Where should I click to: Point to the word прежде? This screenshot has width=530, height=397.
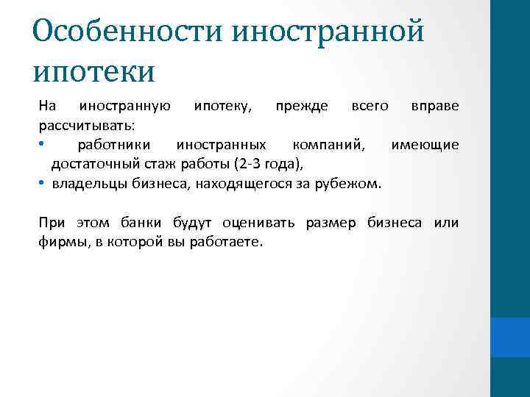coord(302,107)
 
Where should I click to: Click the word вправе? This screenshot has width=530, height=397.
coord(434,107)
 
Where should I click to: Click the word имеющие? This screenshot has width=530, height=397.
coord(425,145)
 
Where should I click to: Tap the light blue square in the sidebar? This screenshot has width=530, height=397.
coord(509,337)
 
